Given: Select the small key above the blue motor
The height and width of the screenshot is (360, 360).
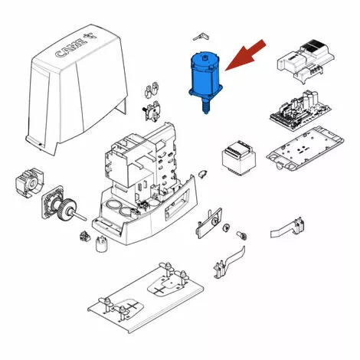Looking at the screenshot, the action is (x=201, y=37).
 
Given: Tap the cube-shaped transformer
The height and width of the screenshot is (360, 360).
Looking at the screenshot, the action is (x=238, y=158).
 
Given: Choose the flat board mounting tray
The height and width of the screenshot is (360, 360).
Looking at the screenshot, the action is (x=305, y=149).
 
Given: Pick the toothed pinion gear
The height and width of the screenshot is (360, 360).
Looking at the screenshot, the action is (x=67, y=209).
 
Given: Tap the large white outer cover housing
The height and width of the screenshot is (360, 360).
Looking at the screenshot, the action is (x=77, y=90).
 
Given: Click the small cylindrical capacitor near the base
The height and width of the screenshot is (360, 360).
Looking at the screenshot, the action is (x=102, y=244).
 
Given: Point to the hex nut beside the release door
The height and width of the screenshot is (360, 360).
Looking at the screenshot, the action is (x=227, y=227).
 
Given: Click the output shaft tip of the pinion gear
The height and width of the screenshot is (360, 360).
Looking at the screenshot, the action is (x=85, y=218).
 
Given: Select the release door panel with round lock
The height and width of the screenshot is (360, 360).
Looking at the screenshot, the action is (x=209, y=223).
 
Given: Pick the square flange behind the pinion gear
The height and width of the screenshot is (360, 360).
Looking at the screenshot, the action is (x=52, y=201).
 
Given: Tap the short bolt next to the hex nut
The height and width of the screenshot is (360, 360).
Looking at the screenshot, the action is (x=242, y=235).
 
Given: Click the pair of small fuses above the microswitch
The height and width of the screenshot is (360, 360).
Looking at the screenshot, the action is (x=151, y=90).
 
